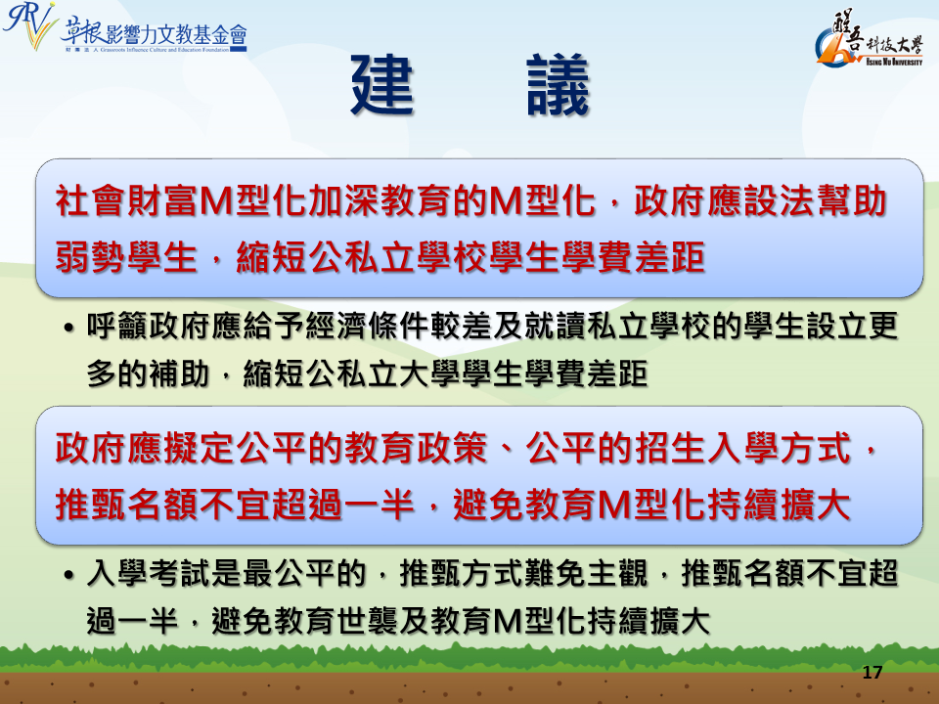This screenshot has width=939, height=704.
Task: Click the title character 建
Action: (382, 85)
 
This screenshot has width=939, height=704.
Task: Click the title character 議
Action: (559, 85)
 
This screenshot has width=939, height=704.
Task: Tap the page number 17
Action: (872, 673)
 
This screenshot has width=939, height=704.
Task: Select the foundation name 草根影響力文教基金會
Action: (154, 35)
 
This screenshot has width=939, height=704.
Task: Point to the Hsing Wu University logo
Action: (869, 39)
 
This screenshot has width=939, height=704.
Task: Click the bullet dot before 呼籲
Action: (69, 329)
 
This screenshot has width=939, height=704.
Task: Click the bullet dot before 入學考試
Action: (69, 575)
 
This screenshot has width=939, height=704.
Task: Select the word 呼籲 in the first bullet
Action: (117, 327)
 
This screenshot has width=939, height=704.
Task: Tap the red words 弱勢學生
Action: (126, 257)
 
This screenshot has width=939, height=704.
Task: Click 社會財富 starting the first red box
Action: (126, 201)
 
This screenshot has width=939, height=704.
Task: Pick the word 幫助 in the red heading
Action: (851, 201)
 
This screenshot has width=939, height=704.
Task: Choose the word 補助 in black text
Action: (179, 374)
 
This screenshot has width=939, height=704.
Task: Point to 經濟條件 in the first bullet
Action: (368, 327)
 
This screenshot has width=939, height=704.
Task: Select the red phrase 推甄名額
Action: (126, 505)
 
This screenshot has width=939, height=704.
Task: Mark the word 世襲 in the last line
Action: (368, 622)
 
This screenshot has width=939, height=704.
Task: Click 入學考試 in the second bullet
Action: (149, 574)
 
